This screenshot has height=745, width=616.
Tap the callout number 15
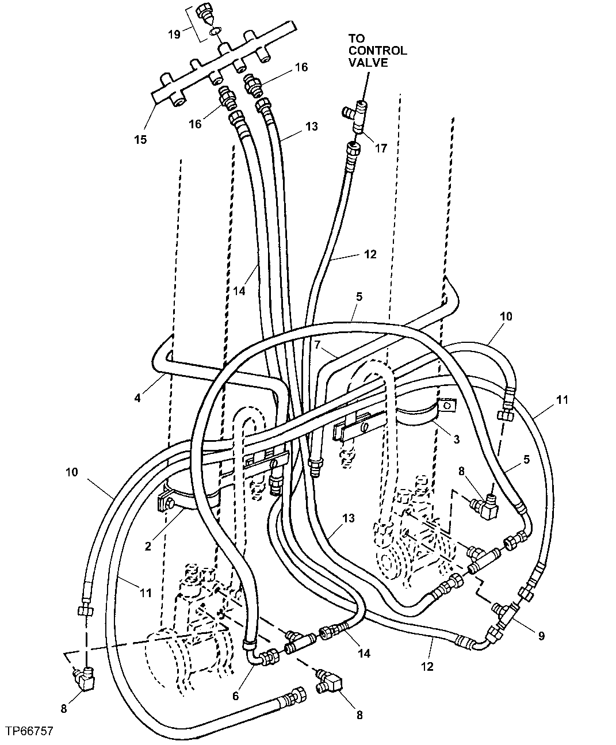click(140, 139)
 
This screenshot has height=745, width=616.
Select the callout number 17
click(381, 148)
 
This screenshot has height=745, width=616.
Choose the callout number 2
click(148, 547)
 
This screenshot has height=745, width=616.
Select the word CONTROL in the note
click(377, 50)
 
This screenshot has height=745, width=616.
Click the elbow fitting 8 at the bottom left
click(83, 679)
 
